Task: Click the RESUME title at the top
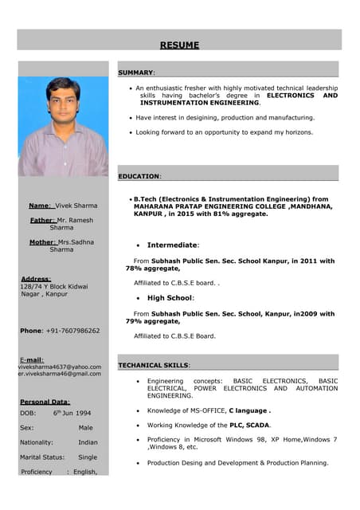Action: point(179,45)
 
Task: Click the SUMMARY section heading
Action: point(136,73)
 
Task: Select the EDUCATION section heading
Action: point(139,176)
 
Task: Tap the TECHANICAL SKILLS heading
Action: point(154,365)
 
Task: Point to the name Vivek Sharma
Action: point(76,206)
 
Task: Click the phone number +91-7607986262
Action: point(72,331)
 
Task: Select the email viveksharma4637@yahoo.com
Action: point(60,367)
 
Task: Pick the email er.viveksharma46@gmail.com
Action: point(61,374)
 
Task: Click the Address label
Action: point(36,279)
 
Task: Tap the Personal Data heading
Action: point(45,402)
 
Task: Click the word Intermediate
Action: point(172,245)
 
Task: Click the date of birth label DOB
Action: point(28,414)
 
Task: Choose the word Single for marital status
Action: point(88,457)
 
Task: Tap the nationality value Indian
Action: point(88,442)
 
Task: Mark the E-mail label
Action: point(31,359)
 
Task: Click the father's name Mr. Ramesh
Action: point(75,219)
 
